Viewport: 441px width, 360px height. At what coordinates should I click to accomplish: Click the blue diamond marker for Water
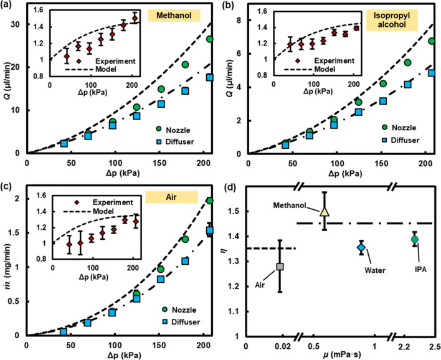pyautogui.click(x=361, y=248)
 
